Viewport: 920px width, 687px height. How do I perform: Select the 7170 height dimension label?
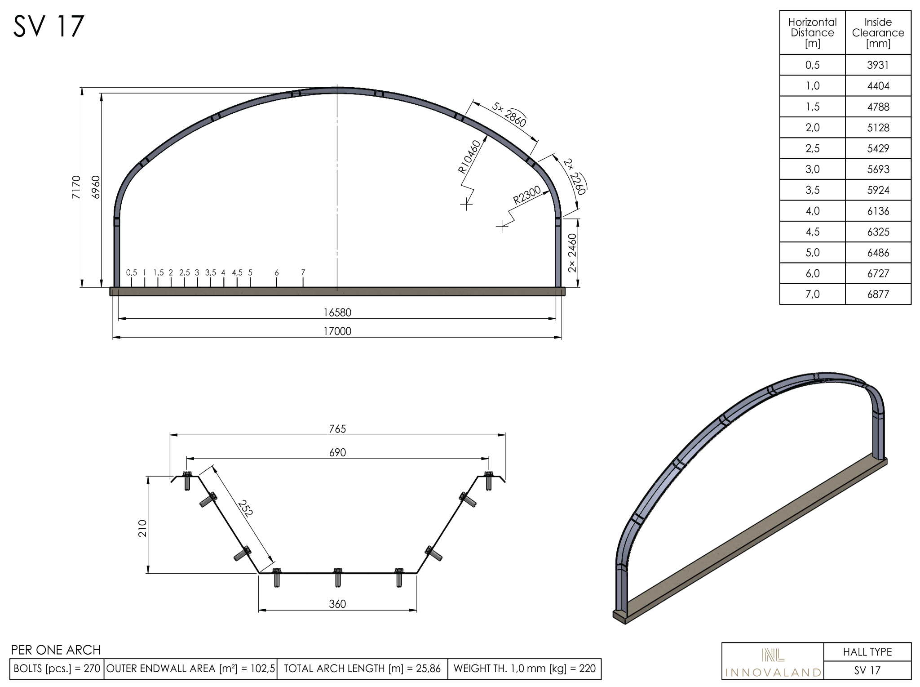coord(76,187)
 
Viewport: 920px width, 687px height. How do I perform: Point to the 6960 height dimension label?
coord(96,187)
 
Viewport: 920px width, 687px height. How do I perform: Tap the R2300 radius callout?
coord(527,196)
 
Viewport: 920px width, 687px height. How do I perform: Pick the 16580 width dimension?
coord(337,312)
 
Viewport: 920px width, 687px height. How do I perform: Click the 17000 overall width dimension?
coord(337,331)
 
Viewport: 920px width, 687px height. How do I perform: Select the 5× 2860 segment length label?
coord(509,114)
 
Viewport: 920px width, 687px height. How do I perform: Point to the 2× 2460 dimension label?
coord(572,253)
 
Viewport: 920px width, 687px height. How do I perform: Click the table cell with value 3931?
coord(878,65)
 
